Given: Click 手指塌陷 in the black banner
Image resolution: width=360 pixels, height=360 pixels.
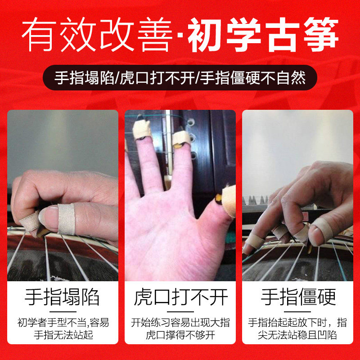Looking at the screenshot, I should [x=83, y=77].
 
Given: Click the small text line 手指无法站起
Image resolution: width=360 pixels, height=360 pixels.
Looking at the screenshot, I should [x=63, y=335].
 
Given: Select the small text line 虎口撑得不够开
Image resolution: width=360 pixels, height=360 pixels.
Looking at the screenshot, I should [x=180, y=335].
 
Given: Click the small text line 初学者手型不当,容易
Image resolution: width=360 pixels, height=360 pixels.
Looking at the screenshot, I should [x=63, y=322].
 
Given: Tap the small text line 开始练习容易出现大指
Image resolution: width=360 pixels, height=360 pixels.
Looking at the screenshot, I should [x=180, y=322].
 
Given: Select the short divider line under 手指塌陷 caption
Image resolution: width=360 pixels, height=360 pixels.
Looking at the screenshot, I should [x=63, y=311].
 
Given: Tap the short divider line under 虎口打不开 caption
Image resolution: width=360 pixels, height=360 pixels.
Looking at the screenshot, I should [x=180, y=311].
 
